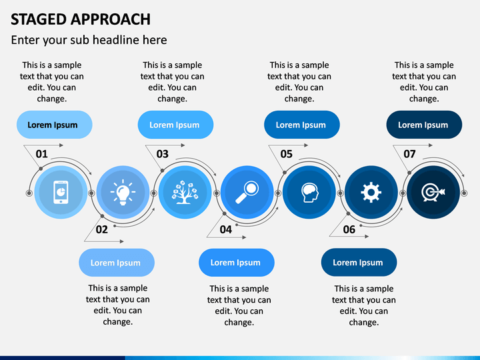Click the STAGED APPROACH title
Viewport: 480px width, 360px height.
tap(81, 19)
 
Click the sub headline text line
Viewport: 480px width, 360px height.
tap(89, 40)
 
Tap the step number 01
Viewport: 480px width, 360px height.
tap(42, 154)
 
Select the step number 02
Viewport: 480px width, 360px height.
tap(101, 229)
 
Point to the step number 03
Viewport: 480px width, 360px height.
tap(163, 154)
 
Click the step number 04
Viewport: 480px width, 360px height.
tap(226, 229)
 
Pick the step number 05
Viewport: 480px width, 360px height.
tap(287, 154)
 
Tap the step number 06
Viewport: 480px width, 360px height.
tap(349, 229)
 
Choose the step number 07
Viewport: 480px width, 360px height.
tap(409, 154)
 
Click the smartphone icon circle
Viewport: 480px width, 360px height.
tap(61, 193)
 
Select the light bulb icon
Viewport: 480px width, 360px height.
tap(123, 193)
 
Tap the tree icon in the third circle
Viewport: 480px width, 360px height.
tap(185, 193)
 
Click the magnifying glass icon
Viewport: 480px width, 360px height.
tap(247, 193)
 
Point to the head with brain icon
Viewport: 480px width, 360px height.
tap(309, 193)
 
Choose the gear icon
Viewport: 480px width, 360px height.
tap(371, 193)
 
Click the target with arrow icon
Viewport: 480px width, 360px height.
tap(433, 193)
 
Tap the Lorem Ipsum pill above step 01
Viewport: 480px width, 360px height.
tap(53, 125)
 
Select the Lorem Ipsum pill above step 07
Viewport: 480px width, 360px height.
tap(424, 125)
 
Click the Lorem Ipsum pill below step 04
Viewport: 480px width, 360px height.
tap(236, 263)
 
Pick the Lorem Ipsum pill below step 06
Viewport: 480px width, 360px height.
tap(359, 263)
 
